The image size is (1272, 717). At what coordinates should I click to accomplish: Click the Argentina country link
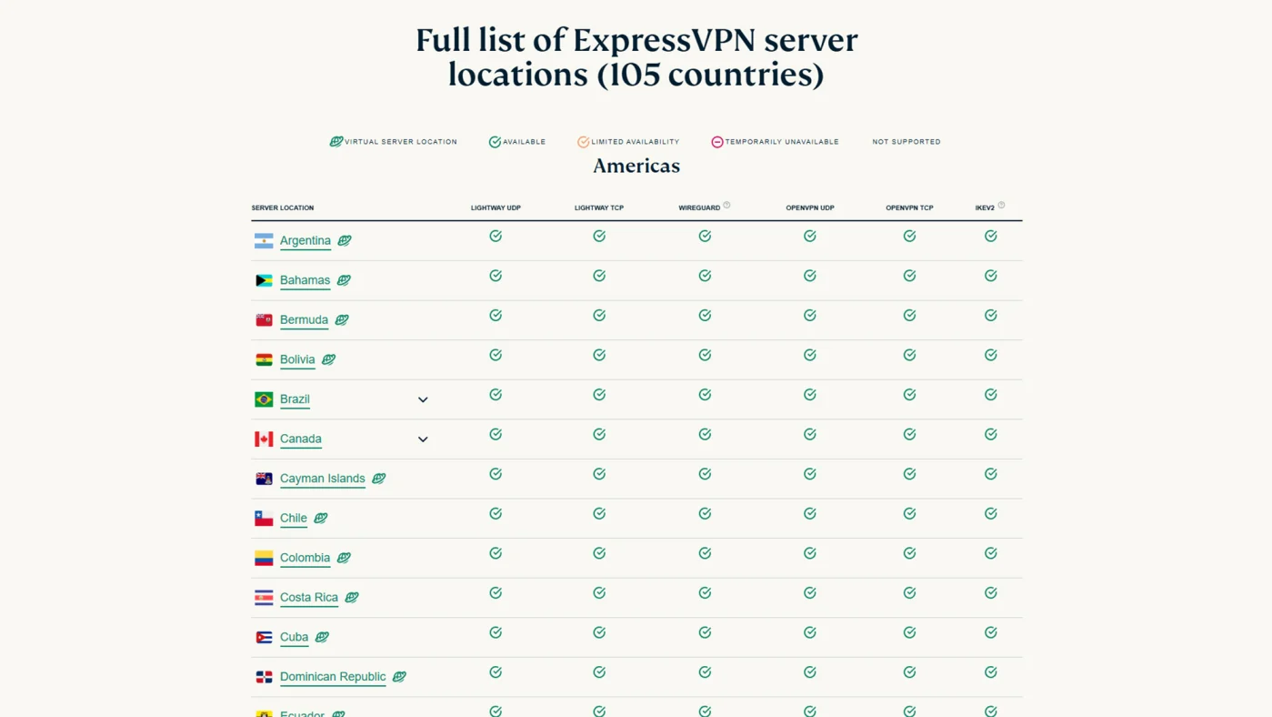[x=305, y=241]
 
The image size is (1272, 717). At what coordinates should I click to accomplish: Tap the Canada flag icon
[x=264, y=439]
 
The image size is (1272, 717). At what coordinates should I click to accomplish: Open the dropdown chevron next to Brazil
[x=423, y=399]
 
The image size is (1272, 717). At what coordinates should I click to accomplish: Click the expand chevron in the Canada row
[x=423, y=439]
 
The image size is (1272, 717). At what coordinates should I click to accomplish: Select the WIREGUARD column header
[x=699, y=208]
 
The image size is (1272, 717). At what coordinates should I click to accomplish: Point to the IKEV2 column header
[x=985, y=208]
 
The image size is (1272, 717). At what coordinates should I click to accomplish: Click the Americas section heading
[x=636, y=166]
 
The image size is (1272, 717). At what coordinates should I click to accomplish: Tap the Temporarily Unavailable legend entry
[x=775, y=142]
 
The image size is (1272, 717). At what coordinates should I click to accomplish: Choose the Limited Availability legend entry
[x=628, y=142]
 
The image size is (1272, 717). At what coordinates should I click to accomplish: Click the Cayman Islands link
[x=322, y=479]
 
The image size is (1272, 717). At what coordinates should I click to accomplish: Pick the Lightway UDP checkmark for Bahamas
[x=496, y=276]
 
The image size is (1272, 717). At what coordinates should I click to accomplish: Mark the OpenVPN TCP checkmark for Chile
[x=909, y=513]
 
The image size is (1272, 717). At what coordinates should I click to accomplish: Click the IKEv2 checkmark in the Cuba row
[x=991, y=632]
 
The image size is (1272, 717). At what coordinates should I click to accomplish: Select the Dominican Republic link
[x=333, y=677]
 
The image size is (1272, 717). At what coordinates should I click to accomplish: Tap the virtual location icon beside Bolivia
[x=329, y=359]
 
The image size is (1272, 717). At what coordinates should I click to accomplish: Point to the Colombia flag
[x=264, y=558]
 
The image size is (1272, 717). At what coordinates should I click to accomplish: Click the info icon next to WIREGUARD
[x=726, y=205]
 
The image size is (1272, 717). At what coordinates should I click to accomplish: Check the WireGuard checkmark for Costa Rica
[x=705, y=592]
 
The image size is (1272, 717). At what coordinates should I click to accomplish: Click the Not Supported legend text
[x=906, y=142]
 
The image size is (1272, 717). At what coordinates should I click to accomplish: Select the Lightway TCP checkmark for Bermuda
[x=599, y=315]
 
